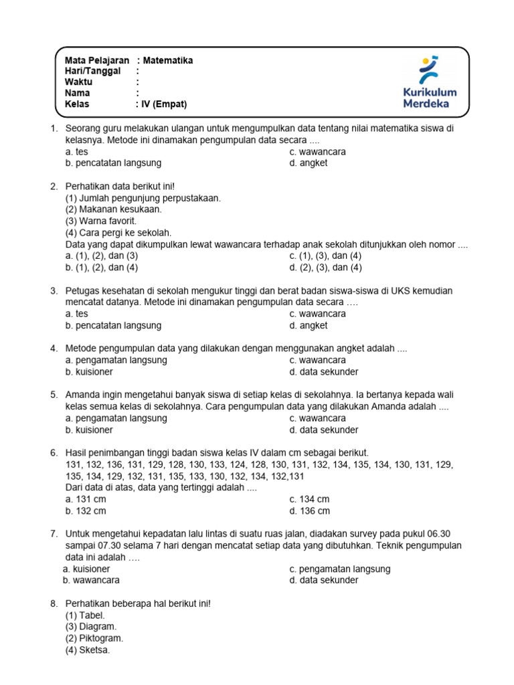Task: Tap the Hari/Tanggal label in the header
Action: (92, 71)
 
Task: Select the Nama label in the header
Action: (77, 93)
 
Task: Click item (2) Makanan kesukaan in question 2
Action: (113, 209)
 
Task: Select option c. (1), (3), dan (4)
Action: (325, 256)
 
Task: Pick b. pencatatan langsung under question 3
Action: (113, 325)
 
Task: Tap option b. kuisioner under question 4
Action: (89, 371)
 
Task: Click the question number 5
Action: (54, 395)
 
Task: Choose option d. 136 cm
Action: (310, 511)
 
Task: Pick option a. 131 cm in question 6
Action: (86, 499)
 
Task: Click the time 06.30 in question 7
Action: (438, 534)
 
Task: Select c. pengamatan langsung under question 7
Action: (340, 569)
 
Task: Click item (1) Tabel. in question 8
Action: (85, 615)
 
